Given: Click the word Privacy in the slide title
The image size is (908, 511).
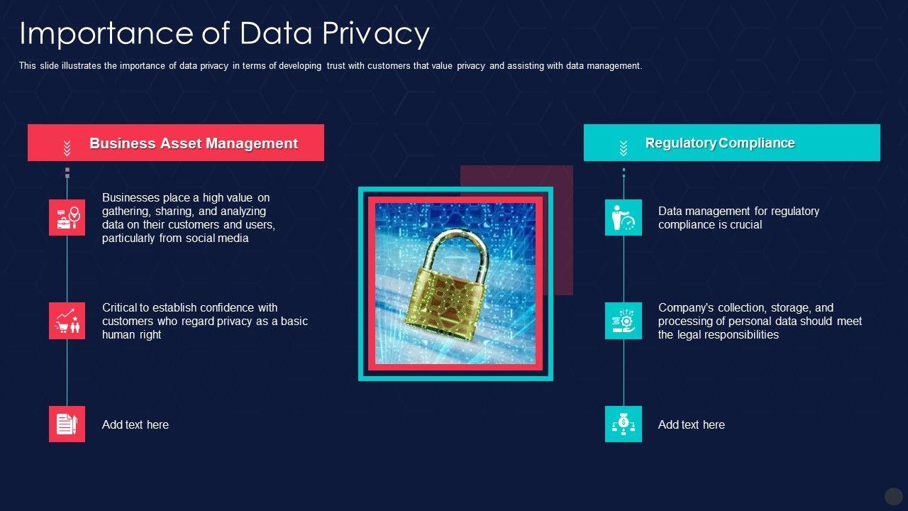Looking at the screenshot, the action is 377,33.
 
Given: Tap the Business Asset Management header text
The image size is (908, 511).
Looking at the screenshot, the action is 194,143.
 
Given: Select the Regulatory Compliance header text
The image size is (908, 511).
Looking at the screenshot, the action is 720,143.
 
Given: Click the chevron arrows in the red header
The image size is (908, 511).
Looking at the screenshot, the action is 67,148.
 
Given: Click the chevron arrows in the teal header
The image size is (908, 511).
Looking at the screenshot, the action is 624,148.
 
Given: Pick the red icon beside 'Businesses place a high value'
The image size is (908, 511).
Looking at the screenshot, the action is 67,217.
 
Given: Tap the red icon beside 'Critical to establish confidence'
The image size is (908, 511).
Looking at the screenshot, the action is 67,321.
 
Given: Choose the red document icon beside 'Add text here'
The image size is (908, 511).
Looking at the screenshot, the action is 67,424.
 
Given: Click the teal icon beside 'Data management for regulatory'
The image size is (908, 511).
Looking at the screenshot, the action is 624,217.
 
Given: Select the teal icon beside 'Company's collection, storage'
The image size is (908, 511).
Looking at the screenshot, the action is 624,321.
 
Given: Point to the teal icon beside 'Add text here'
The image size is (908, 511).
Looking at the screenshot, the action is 624,424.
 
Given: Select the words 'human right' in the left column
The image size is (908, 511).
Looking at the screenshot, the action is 132,335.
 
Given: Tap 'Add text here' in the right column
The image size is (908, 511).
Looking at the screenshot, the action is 692,425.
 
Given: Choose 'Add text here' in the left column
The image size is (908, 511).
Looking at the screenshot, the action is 135,425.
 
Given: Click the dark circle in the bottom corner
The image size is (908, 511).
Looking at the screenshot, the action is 894,496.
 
